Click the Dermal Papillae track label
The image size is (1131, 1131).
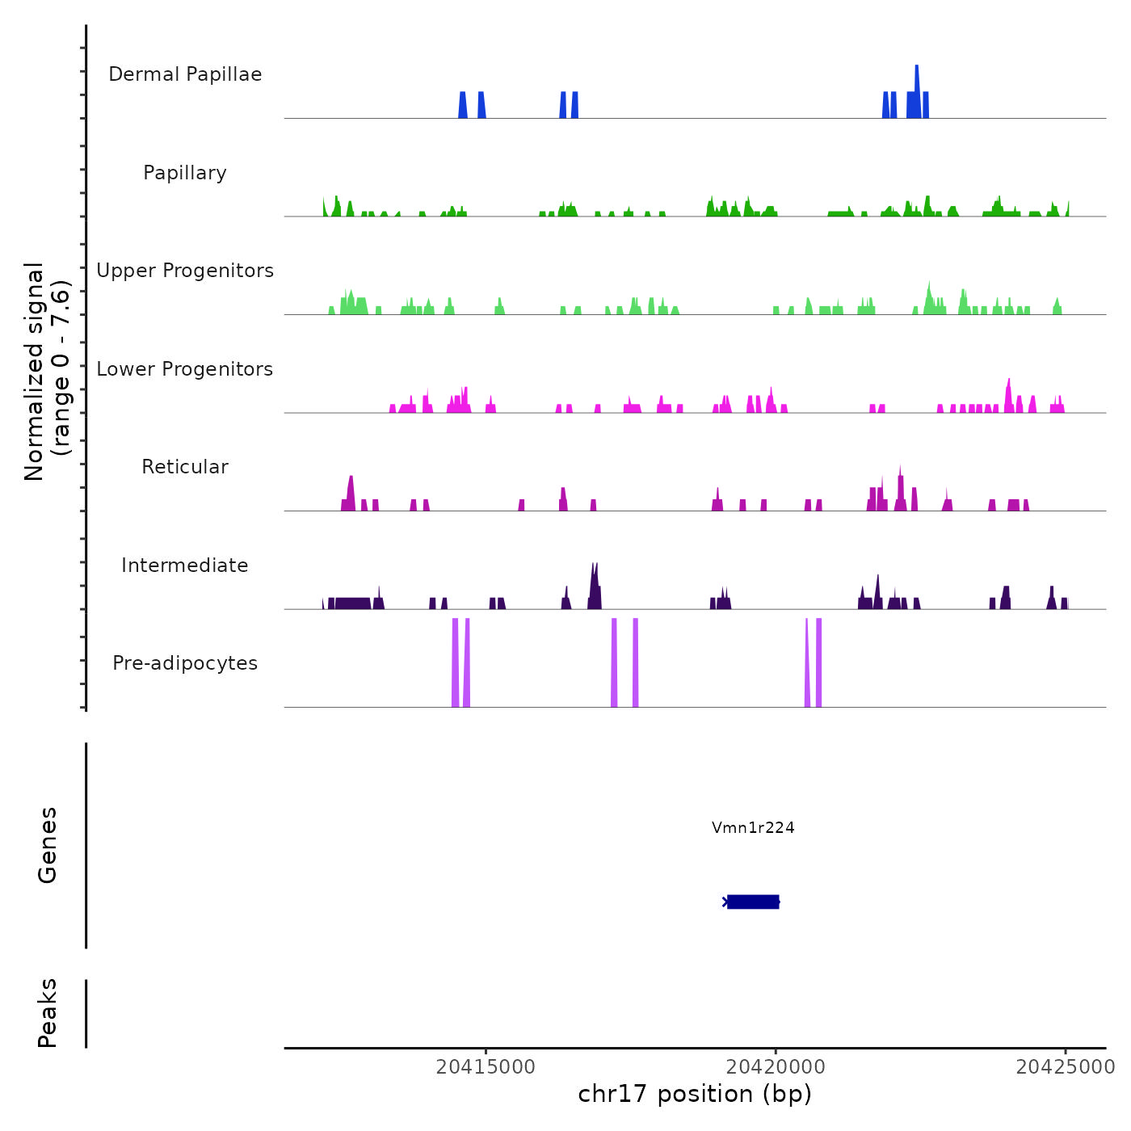tap(185, 74)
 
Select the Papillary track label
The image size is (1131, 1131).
tap(185, 173)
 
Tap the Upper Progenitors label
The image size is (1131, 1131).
tap(185, 271)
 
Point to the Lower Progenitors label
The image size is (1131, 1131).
tap(185, 369)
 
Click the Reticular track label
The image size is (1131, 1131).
tap(185, 467)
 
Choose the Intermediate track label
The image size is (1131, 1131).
tap(185, 565)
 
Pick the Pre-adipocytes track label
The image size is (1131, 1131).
tap(185, 663)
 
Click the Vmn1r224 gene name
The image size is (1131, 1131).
tap(753, 827)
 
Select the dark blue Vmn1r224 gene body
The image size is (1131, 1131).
tap(753, 902)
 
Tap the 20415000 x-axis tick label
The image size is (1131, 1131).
tap(486, 1067)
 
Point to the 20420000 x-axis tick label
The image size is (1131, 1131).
tap(776, 1067)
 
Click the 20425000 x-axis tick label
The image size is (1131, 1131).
tap(1066, 1067)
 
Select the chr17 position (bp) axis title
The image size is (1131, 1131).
tap(695, 1094)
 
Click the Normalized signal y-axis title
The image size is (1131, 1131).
tap(47, 371)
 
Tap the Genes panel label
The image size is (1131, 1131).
tap(48, 845)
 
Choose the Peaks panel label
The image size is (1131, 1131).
tap(48, 1013)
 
